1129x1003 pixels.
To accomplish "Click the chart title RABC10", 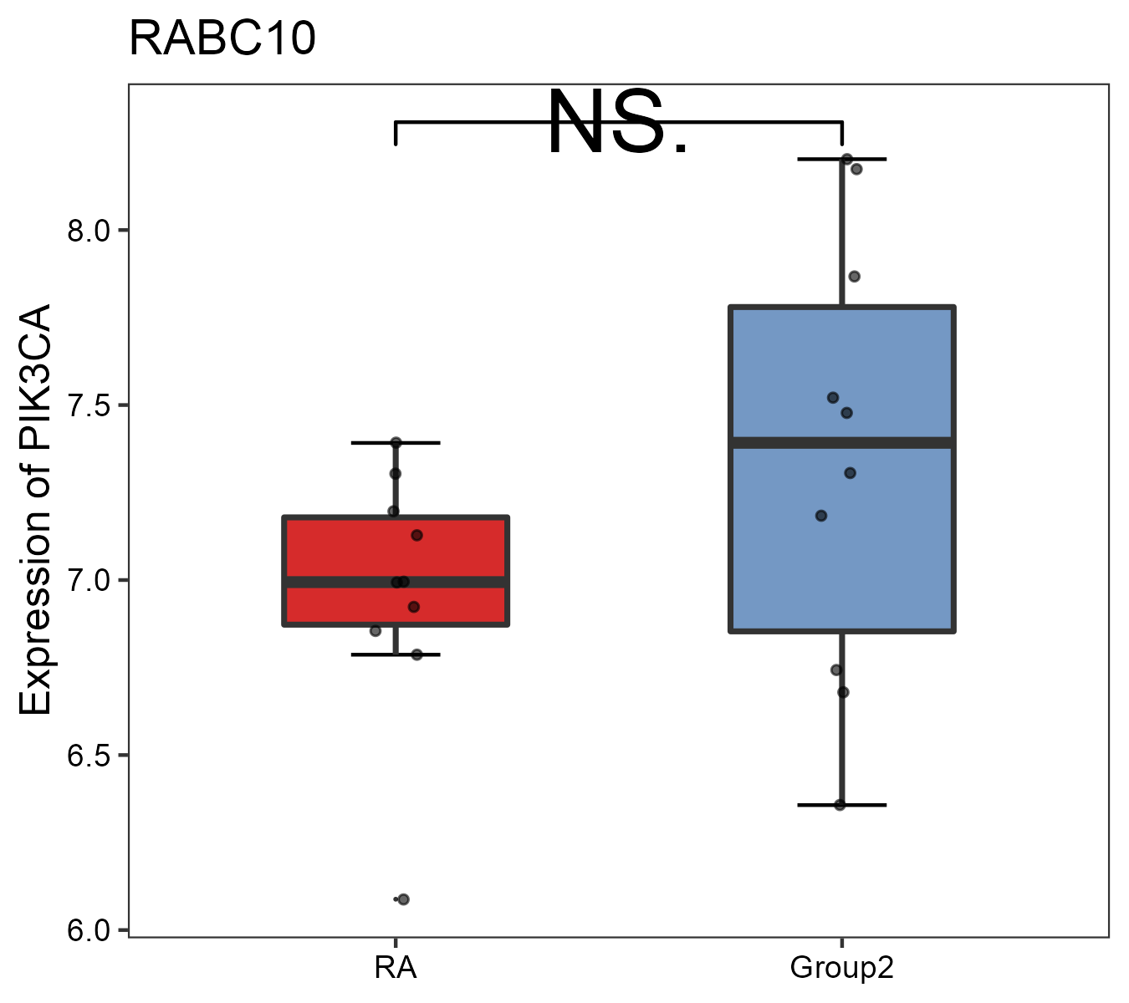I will (x=222, y=39).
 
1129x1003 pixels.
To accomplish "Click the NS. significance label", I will (x=617, y=124).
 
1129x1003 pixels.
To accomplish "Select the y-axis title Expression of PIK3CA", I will (x=35, y=509).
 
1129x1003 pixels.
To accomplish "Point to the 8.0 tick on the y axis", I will (x=89, y=231).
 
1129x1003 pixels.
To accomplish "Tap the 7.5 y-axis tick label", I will (x=89, y=405).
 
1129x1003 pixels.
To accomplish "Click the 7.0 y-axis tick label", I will (x=89, y=580).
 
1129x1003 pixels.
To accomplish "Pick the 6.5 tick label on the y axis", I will (x=89, y=756).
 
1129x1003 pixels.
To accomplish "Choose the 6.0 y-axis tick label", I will (x=89, y=930).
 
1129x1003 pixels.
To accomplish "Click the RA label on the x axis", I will (x=396, y=968).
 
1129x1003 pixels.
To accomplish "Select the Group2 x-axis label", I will (x=841, y=968).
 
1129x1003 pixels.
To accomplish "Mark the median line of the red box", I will (x=468, y=582).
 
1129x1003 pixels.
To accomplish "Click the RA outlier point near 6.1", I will (x=403, y=899).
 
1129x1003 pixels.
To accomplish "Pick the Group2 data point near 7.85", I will (x=854, y=277).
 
